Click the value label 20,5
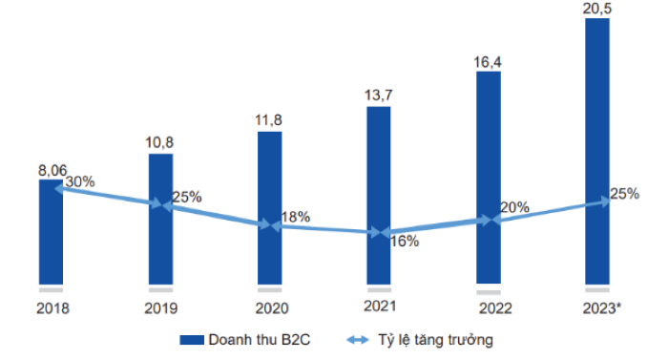[597, 9]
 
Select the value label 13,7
[379, 95]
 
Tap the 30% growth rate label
[79, 181]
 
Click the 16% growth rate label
[405, 241]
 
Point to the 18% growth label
[296, 217]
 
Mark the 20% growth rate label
[515, 207]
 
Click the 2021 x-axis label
[379, 307]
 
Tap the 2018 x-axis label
[51, 308]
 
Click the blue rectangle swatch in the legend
[193, 339]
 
